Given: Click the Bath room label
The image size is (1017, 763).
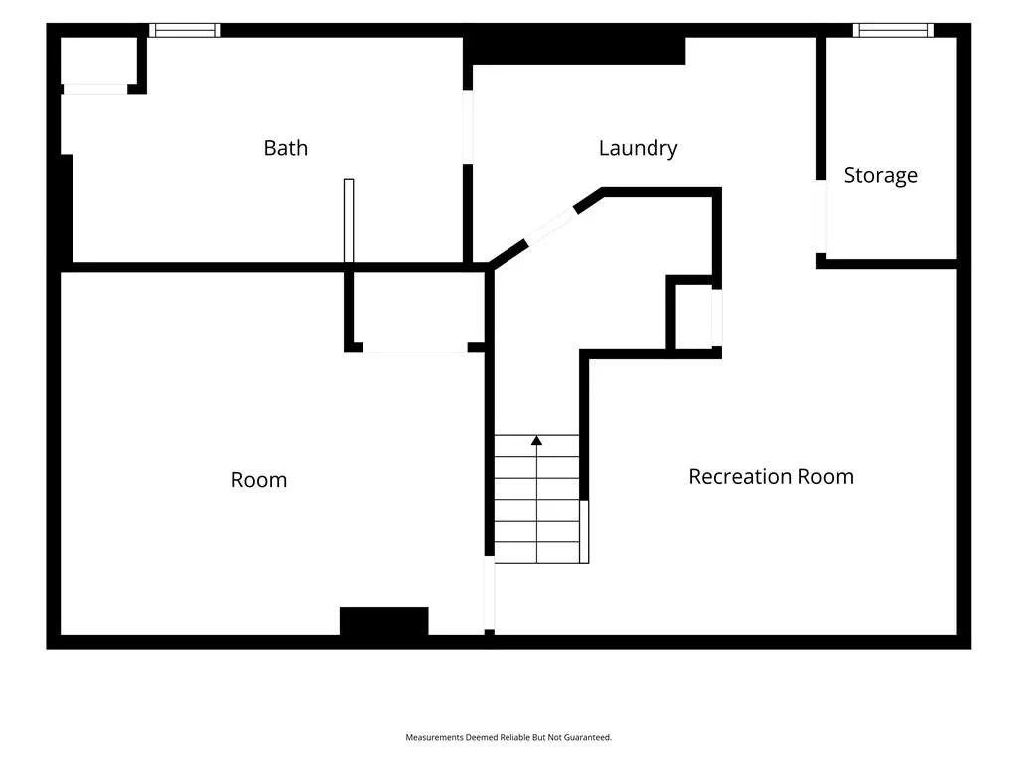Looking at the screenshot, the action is [x=285, y=148].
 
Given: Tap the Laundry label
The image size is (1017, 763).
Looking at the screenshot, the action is [x=639, y=149].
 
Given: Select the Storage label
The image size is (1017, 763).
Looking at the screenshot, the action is [x=880, y=175].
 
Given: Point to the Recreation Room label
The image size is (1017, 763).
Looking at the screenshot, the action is [x=771, y=476].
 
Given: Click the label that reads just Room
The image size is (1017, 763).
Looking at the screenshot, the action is [x=259, y=480].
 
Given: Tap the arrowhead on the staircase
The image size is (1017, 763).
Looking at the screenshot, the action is [x=536, y=440].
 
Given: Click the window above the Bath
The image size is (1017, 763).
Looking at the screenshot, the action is [x=185, y=30].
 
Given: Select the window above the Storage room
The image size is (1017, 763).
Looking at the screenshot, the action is [x=893, y=30].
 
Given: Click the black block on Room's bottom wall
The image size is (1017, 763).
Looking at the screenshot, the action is [x=384, y=621].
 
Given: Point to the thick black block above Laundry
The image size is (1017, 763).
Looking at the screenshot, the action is [x=575, y=51].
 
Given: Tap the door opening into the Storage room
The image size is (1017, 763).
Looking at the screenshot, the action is [x=821, y=217].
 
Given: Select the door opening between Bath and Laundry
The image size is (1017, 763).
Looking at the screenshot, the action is [x=468, y=127].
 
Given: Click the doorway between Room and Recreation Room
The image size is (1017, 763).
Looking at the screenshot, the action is [x=490, y=593].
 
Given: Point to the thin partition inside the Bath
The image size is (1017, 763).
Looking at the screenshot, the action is [x=349, y=221].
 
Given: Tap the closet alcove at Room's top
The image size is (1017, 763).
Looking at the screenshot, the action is [x=417, y=311].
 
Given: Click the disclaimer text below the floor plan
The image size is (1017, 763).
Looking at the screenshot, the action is [x=508, y=737].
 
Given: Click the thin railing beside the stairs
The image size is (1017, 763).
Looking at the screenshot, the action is [x=584, y=533].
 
